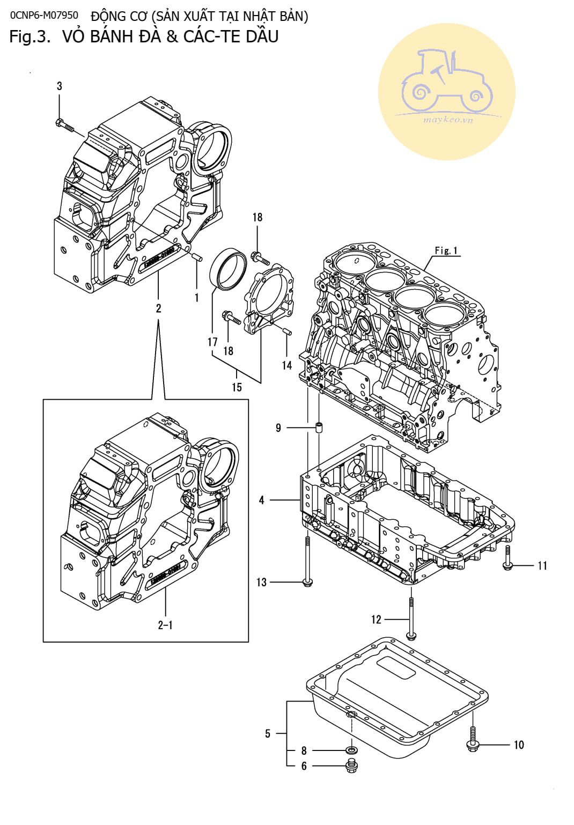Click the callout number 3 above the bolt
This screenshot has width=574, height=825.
[x=60, y=86]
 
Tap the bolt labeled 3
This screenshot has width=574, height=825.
[x=65, y=125]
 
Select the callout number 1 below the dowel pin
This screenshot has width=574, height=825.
[x=197, y=297]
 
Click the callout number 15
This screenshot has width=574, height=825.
[x=237, y=387]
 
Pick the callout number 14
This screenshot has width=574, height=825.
[x=287, y=365]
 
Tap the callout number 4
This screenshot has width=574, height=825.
[x=262, y=500]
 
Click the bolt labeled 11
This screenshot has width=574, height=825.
[x=507, y=558]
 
